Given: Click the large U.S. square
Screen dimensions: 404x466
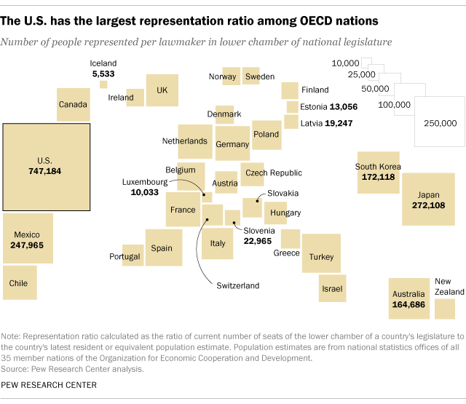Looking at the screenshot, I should (47, 167).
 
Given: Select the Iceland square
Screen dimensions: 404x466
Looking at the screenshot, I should (103, 84).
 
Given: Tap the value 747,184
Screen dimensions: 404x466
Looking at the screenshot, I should (47, 172).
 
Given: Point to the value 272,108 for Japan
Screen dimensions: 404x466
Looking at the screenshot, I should (429, 206).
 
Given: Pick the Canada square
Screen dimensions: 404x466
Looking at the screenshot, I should (73, 105).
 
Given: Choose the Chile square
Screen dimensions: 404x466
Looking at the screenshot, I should (20, 283).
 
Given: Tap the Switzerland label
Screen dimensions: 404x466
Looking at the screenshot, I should (237, 285).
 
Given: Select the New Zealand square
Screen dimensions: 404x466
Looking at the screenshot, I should (444, 309).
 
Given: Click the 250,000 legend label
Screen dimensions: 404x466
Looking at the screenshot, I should (440, 123).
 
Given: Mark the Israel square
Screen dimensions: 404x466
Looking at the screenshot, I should (332, 288).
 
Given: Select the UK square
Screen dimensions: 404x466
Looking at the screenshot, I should (162, 90).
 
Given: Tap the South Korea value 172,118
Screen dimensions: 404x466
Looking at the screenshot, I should (379, 177).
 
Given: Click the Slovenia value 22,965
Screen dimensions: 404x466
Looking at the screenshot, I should (257, 241).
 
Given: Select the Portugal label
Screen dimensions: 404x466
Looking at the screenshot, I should (125, 257).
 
